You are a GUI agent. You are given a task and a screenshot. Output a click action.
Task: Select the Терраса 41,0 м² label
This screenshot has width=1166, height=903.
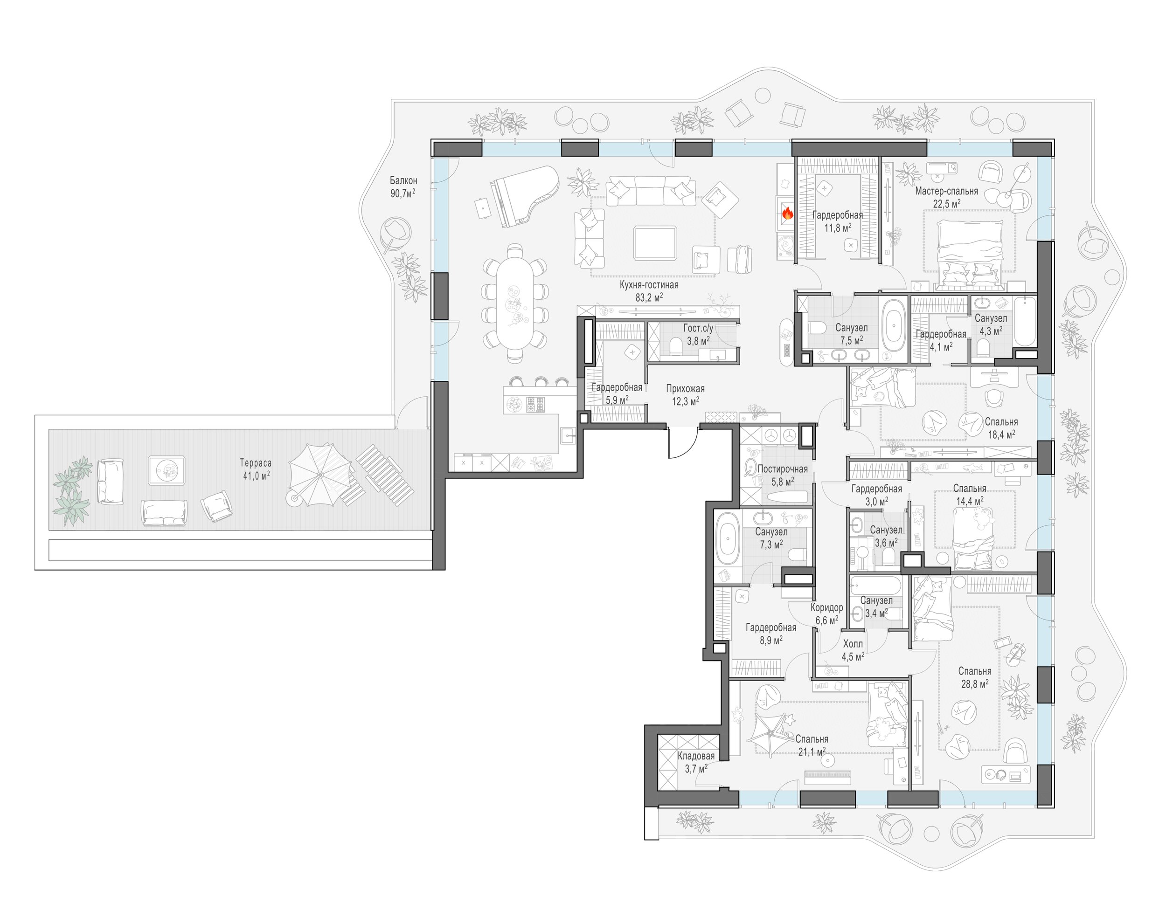tap(256, 469)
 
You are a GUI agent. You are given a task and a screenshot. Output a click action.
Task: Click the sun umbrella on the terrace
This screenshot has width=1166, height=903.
tap(320, 475)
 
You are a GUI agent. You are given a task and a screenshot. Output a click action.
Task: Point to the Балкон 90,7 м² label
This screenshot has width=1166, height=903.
tap(403, 187)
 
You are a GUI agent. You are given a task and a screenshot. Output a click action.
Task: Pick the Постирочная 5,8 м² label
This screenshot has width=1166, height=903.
tap(783, 475)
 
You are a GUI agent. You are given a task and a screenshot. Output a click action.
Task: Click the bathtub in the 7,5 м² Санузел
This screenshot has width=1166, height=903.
tap(893, 328)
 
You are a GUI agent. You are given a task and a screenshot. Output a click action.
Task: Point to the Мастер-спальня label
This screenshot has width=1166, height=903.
tap(947, 191)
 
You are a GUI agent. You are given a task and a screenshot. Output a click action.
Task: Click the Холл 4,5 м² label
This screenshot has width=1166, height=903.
tap(853, 650)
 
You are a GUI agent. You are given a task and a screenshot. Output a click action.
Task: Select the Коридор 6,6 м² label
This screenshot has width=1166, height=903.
tap(827, 614)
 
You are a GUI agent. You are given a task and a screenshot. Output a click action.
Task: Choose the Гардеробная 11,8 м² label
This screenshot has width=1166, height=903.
tap(838, 221)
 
